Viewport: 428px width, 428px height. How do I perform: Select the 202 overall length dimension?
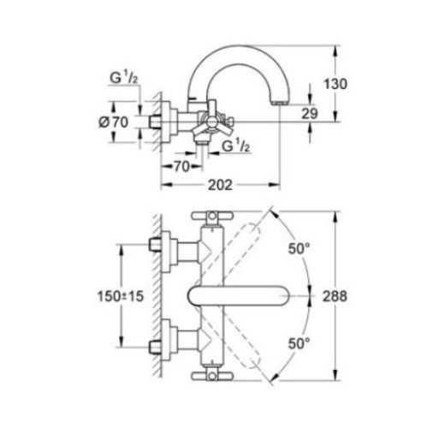pos(220,183)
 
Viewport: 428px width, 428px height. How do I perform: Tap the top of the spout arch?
pos(237,51)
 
